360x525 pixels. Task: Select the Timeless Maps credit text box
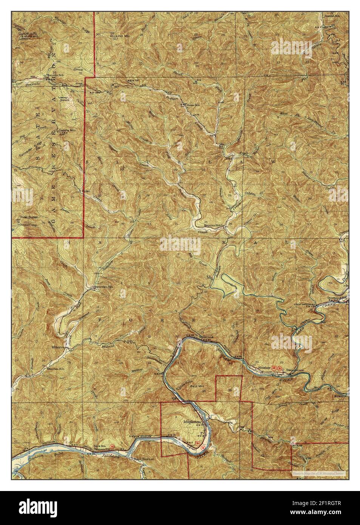point(317,472)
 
